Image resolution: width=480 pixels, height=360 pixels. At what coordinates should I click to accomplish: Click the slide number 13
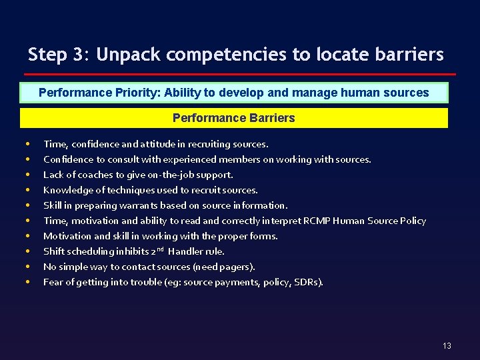click(x=447, y=345)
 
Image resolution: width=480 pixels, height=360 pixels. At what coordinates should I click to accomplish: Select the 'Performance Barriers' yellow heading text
click(x=233, y=118)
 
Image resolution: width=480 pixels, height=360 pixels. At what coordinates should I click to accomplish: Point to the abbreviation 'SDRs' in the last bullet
click(x=308, y=282)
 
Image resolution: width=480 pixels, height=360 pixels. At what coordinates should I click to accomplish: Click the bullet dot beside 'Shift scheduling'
click(x=27, y=251)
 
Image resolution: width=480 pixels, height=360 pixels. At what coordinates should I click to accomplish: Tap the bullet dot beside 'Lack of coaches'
click(x=27, y=175)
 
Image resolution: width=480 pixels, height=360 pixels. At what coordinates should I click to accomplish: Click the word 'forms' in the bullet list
click(x=263, y=236)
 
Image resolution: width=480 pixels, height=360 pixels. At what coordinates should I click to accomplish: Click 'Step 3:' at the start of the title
click(x=58, y=55)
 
